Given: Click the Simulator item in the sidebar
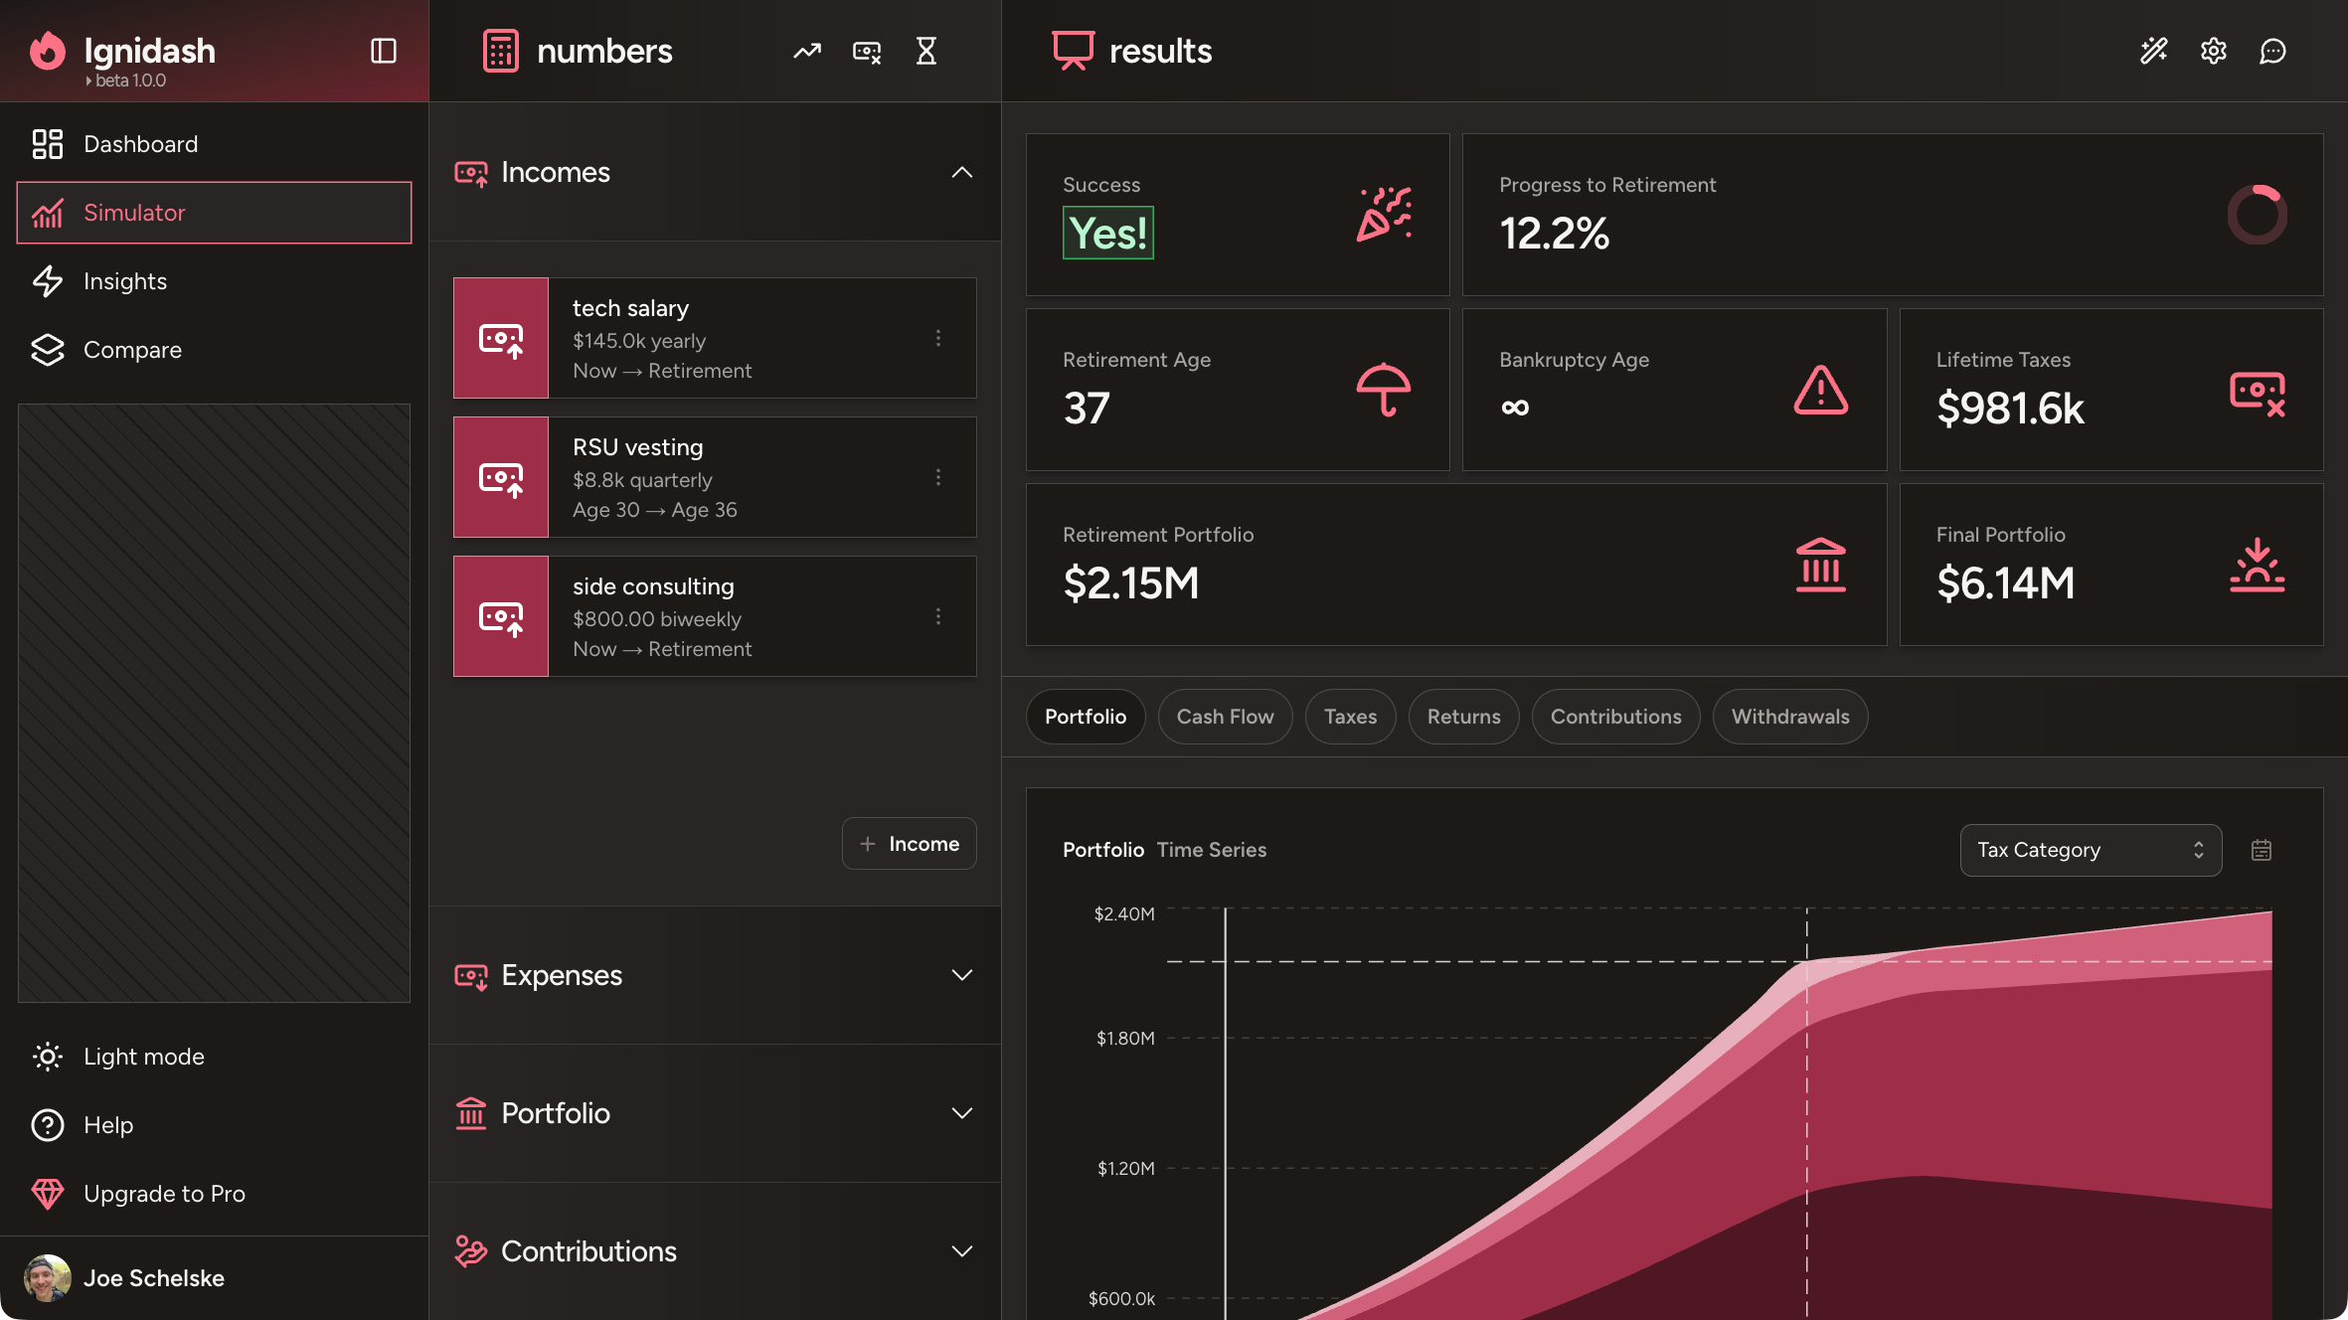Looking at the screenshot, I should [214, 213].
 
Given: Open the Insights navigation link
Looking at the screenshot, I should [124, 281].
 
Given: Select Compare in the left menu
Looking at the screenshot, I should [132, 350].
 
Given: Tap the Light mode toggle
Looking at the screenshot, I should [143, 1057].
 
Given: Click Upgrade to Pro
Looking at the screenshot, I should [164, 1194].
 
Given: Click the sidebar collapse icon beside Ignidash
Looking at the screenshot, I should [384, 51].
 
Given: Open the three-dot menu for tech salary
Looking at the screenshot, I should [937, 338].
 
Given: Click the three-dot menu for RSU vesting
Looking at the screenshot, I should [937, 477].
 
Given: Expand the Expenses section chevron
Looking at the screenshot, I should [961, 975].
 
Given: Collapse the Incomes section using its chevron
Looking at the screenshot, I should [961, 172].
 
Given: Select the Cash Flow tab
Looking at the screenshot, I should [1225, 717].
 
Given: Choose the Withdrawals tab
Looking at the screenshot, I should [1789, 717].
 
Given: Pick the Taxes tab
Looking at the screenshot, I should [1350, 717].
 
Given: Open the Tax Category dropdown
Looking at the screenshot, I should [2090, 850].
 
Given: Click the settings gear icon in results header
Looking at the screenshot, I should [2213, 51].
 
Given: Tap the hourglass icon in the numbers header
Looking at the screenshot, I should [925, 51].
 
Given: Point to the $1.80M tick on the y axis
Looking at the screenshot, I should [1125, 1039].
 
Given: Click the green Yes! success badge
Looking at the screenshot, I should [1107, 234].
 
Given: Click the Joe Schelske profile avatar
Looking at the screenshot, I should [47, 1278].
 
